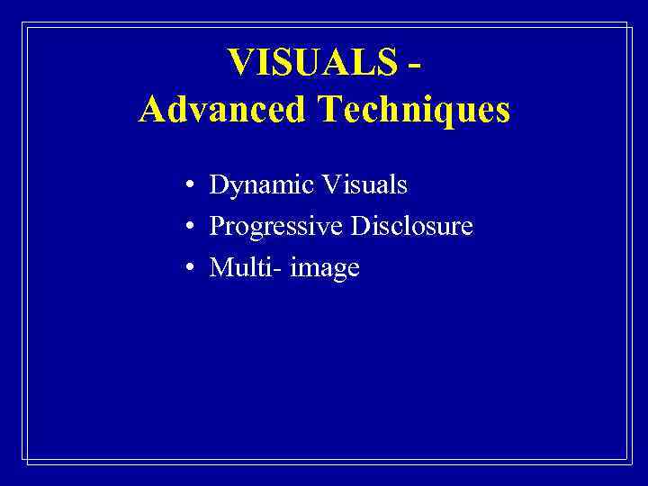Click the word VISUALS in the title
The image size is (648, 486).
click(311, 63)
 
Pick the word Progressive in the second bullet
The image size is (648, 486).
click(276, 227)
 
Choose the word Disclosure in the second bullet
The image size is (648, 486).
click(412, 226)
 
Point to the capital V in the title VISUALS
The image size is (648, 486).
click(241, 63)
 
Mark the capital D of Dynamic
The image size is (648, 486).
click(219, 185)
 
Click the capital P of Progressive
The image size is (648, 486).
click(217, 226)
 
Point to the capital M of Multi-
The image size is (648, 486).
click(220, 266)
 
